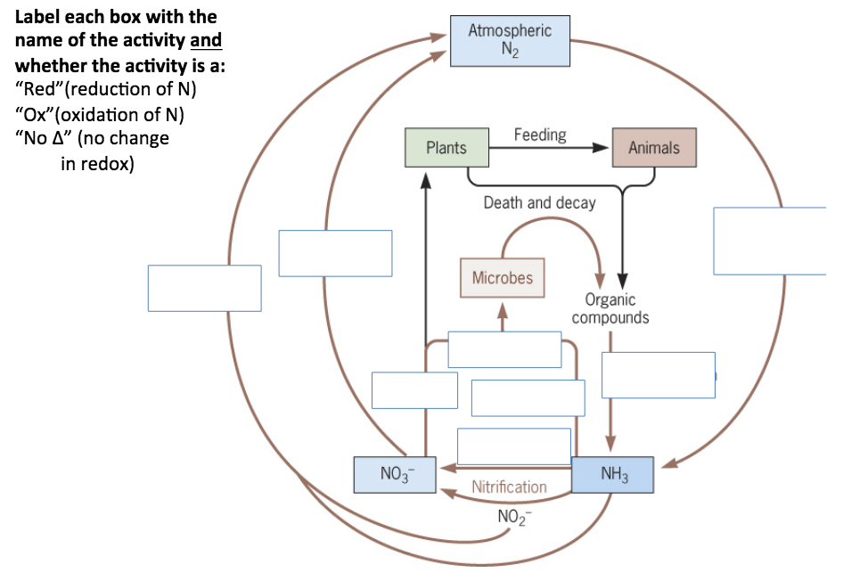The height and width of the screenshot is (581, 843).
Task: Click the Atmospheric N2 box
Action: (x=509, y=41)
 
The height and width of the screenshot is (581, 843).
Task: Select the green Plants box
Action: (x=446, y=148)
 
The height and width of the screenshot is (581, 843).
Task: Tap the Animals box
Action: (x=654, y=148)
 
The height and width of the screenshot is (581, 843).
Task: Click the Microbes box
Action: (x=502, y=278)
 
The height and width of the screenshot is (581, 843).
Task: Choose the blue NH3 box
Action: (x=612, y=475)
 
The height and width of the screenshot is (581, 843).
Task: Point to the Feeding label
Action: (x=540, y=135)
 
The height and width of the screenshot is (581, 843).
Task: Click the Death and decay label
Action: (x=539, y=202)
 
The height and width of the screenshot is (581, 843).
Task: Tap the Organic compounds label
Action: (x=610, y=309)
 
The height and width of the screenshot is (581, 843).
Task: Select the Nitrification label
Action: (x=509, y=487)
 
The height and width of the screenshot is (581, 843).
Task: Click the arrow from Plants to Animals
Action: (x=552, y=149)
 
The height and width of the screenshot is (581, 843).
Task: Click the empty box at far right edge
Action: (x=772, y=241)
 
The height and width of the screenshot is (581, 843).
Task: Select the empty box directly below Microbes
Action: (x=504, y=349)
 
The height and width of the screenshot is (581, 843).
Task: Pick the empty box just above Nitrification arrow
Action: (x=513, y=446)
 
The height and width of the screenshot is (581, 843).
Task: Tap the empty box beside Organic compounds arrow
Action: (x=659, y=374)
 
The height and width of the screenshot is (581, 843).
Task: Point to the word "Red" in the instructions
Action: (x=40, y=90)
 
